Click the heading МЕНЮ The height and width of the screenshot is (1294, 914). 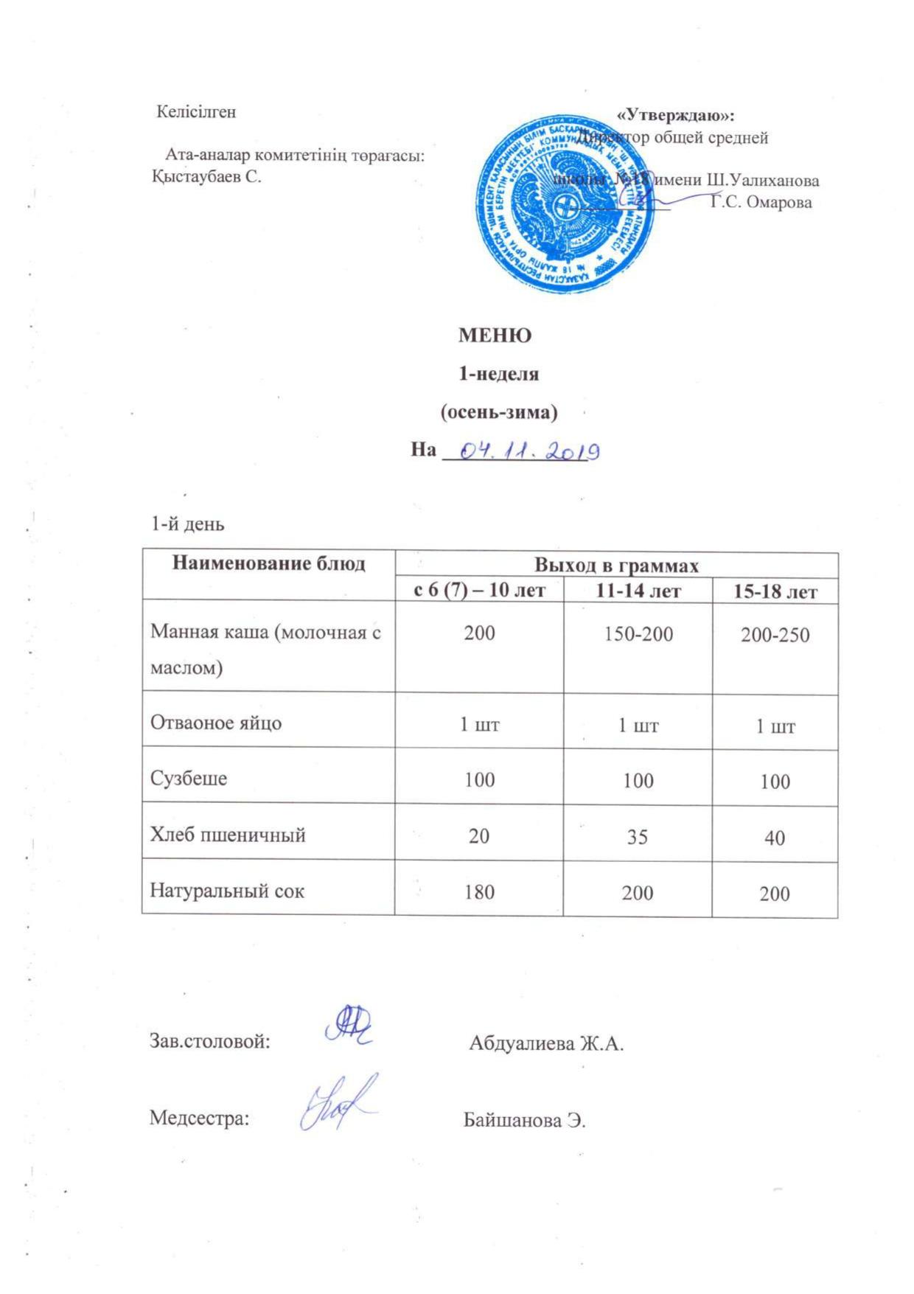tap(495, 335)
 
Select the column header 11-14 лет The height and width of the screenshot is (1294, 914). tap(638, 591)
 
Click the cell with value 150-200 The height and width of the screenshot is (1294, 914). tap(638, 633)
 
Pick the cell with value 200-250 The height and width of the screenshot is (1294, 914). tap(775, 636)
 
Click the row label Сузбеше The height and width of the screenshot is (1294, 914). tap(189, 779)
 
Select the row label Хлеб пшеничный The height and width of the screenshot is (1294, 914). tap(228, 835)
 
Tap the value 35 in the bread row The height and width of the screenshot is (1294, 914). tap(638, 837)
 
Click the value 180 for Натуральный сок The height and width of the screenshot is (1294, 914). tap(479, 891)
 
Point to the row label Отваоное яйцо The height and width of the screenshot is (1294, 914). tap(216, 723)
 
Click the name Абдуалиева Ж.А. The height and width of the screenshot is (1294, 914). tap(546, 1043)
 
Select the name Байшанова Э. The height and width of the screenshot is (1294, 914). tap(524, 1121)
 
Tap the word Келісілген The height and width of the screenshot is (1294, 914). tap(197, 112)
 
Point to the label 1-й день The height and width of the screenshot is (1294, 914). tap(188, 525)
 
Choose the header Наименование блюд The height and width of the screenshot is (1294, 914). tap(268, 564)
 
